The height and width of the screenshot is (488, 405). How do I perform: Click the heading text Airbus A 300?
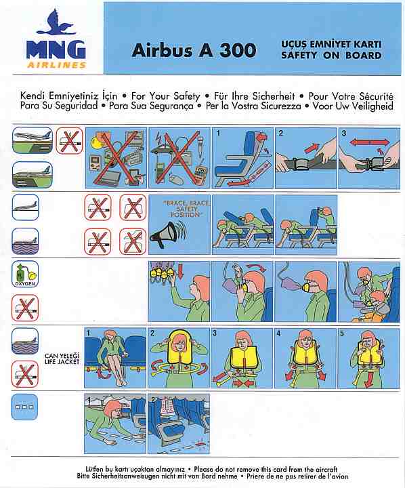click(x=194, y=50)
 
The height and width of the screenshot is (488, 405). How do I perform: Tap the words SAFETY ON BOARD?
click(x=331, y=56)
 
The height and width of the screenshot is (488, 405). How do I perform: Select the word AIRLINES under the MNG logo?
click(x=57, y=65)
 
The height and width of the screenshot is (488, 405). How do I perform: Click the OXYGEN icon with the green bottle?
click(x=25, y=274)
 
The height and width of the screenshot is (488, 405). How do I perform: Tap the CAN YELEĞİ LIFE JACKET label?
click(x=62, y=359)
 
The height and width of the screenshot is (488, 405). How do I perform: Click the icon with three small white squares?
click(x=24, y=407)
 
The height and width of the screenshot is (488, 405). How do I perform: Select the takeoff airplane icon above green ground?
click(x=33, y=140)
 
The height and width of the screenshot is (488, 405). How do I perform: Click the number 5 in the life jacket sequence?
click(x=342, y=333)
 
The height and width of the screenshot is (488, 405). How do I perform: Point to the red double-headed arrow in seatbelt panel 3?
click(x=369, y=142)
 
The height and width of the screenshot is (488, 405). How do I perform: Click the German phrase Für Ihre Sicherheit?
click(x=254, y=96)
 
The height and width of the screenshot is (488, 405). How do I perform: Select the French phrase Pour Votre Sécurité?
click(x=351, y=96)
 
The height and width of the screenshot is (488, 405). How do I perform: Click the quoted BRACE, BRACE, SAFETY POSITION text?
click(x=186, y=209)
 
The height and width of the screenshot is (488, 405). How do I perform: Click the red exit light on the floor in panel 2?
click(x=200, y=442)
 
